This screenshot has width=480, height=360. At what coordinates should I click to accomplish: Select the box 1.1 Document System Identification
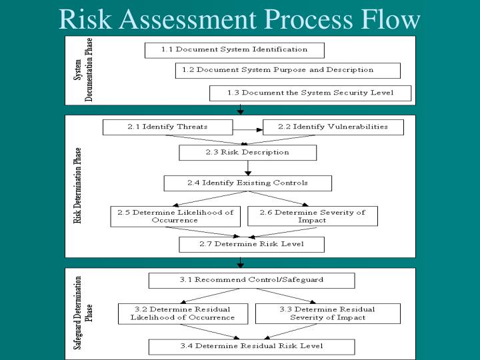(x=234, y=50)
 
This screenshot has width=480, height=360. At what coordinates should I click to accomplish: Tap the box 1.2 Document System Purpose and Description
(x=287, y=70)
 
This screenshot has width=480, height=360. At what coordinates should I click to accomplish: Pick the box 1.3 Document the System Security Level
(x=310, y=93)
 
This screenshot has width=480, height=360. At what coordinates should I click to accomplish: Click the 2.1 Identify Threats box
(x=167, y=127)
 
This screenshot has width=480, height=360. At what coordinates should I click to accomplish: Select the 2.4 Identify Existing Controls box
(x=247, y=183)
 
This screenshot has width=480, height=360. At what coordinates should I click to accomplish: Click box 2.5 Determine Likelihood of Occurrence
(x=175, y=216)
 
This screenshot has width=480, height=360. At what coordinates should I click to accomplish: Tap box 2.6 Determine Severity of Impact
(x=312, y=216)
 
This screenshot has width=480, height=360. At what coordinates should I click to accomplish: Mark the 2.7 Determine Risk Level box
(x=251, y=245)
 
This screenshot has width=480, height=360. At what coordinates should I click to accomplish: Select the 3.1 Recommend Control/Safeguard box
(x=251, y=280)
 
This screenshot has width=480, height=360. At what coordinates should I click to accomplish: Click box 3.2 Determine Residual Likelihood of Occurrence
(x=183, y=313)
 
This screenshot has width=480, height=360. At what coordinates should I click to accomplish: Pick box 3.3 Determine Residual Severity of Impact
(x=327, y=313)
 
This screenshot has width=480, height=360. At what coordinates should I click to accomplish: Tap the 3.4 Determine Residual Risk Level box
(x=251, y=347)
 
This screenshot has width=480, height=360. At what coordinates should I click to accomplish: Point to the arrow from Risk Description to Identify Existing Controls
(x=248, y=168)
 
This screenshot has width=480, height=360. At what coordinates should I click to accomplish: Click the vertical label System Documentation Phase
(x=83, y=71)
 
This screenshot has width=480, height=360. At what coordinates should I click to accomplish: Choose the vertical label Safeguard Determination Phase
(x=83, y=314)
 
